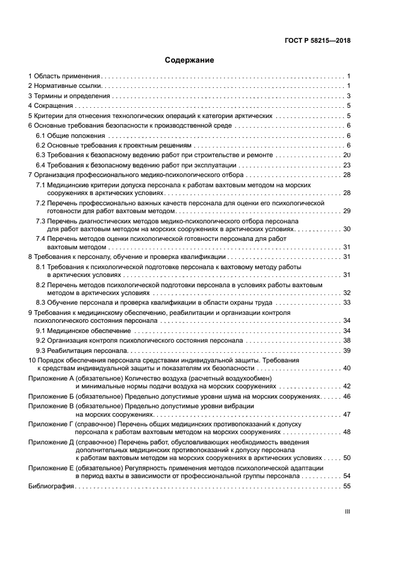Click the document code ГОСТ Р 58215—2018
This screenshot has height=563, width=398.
(x=318, y=41)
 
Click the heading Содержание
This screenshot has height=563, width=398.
(x=190, y=61)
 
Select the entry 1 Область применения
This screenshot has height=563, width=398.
(x=64, y=76)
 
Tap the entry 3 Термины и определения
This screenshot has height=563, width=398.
(x=70, y=96)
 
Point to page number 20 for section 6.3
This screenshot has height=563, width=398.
(x=346, y=155)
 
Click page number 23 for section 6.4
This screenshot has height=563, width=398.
(x=346, y=165)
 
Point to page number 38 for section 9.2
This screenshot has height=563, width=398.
(x=346, y=341)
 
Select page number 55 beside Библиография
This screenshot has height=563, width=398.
(x=346, y=486)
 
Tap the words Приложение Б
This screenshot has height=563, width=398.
(x=51, y=397)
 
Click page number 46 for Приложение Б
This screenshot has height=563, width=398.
(x=346, y=397)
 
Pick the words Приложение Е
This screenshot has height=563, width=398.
(x=51, y=468)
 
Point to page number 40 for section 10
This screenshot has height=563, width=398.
(x=346, y=368)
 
